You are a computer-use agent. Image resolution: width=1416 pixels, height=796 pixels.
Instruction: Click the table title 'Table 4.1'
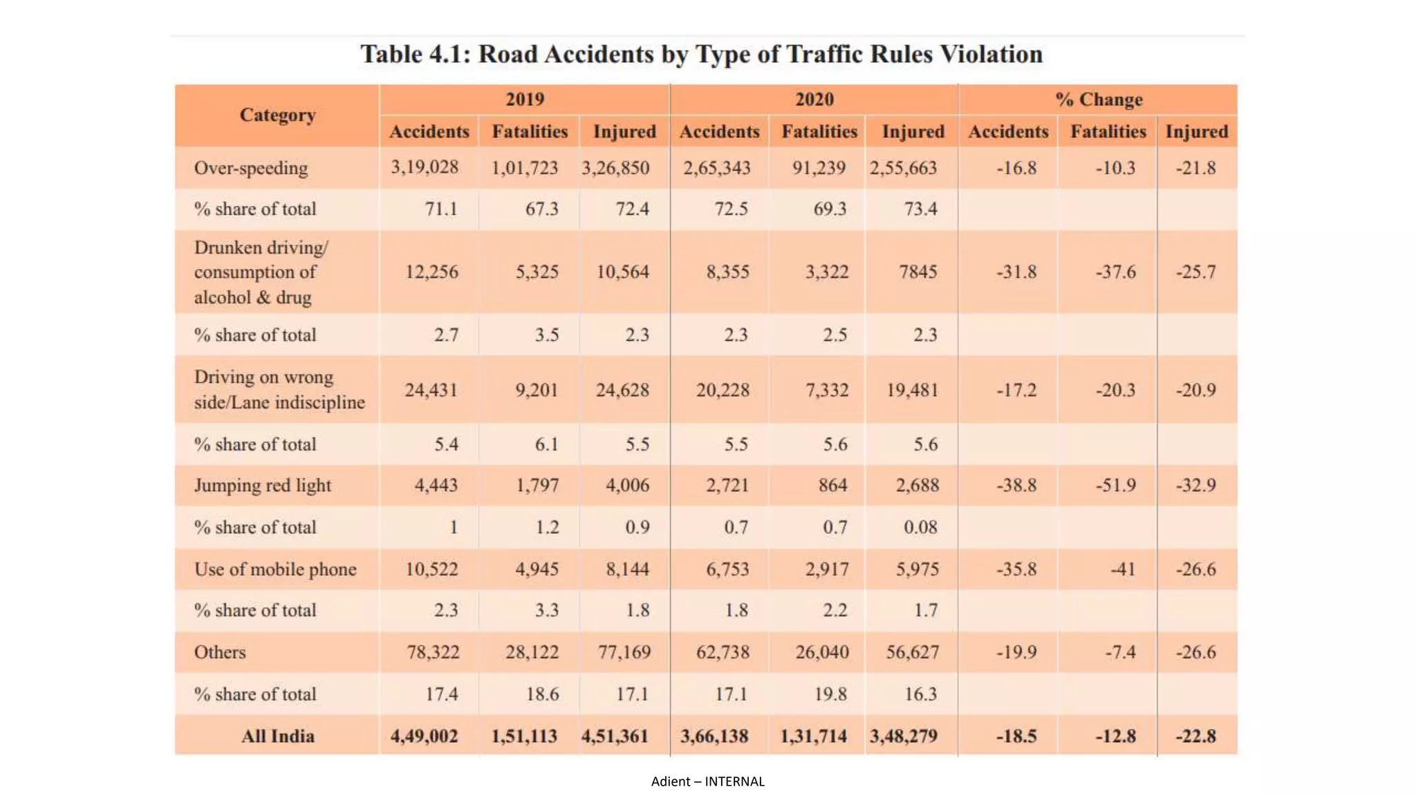click(701, 55)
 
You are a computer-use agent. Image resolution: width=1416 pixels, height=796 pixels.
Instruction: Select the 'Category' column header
click(277, 115)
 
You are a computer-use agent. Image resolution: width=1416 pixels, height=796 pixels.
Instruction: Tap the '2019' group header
click(525, 99)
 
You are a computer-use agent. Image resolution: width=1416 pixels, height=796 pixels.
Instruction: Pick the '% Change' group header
click(1099, 99)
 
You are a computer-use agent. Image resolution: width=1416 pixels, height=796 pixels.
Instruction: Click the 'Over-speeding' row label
click(251, 168)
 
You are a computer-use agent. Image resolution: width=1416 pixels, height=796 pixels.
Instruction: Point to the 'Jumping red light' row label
click(263, 485)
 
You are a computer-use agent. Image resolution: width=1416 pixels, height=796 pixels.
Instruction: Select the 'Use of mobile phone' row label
click(275, 569)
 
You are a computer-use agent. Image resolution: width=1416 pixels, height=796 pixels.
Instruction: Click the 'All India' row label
click(277, 737)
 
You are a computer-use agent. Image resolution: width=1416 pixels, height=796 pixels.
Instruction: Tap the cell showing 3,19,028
click(425, 167)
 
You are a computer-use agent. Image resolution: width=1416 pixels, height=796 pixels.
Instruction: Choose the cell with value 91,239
click(819, 168)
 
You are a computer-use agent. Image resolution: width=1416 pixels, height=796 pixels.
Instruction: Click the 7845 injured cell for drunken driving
click(917, 272)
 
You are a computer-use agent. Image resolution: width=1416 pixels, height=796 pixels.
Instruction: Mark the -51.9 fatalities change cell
click(1115, 485)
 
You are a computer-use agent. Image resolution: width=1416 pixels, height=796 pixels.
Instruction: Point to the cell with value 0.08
click(920, 527)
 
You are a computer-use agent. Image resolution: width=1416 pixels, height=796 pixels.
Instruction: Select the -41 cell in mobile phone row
click(1123, 569)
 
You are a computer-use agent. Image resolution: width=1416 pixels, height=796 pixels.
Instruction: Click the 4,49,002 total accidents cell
click(424, 737)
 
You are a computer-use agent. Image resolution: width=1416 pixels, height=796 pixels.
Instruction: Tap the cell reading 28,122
click(532, 652)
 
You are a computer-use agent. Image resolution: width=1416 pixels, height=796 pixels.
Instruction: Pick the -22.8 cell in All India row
click(1195, 737)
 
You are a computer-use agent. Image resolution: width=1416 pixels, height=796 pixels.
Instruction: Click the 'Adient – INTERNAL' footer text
click(707, 781)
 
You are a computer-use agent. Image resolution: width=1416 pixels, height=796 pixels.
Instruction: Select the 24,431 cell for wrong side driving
click(431, 390)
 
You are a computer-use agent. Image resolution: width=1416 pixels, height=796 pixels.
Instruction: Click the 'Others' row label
click(220, 652)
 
